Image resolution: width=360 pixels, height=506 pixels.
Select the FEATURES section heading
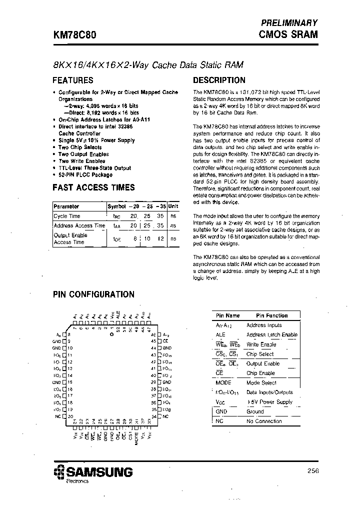click(73, 80)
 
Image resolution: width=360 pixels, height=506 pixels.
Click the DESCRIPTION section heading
click(219, 80)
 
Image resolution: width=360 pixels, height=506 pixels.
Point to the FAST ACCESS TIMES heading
click(93, 187)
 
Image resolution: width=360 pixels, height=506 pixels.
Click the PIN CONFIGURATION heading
click(93, 294)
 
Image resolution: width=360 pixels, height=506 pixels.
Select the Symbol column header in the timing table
click(116, 206)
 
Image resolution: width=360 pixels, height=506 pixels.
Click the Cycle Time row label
click(67, 216)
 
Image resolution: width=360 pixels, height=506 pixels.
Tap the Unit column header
click(173, 206)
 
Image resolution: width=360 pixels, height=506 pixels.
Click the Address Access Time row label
click(79, 225)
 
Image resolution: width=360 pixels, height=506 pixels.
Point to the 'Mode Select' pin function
click(261, 382)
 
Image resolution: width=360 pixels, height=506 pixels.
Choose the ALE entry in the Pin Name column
click(220, 335)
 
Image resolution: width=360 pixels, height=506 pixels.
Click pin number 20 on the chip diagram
click(70, 416)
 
